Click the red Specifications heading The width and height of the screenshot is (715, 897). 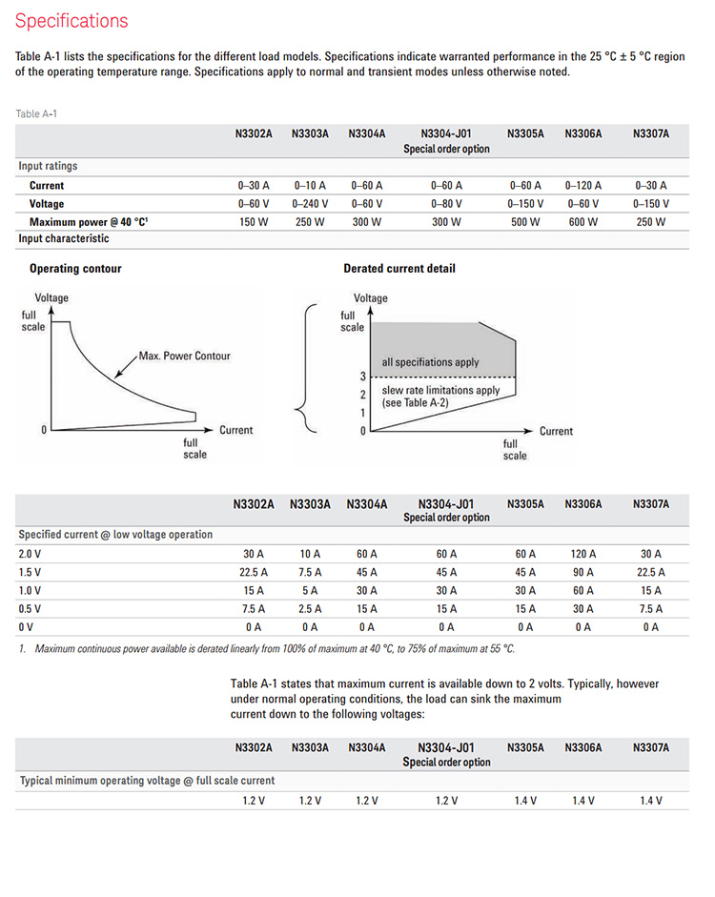tap(71, 20)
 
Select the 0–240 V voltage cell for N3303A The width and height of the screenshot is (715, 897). tap(309, 203)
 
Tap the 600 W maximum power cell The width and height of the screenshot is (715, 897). tap(582, 221)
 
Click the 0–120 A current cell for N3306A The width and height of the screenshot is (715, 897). tap(582, 185)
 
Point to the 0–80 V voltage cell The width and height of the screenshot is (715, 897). tap(446, 203)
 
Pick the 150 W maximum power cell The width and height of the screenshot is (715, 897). tap(255, 221)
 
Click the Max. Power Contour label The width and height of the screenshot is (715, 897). tap(184, 356)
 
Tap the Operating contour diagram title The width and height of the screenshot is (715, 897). tap(75, 269)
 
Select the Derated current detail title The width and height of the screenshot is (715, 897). tap(399, 269)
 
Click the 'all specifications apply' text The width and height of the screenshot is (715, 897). tap(431, 362)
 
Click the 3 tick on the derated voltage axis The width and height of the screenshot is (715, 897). tap(362, 377)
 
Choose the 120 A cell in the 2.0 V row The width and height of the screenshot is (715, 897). tap(582, 554)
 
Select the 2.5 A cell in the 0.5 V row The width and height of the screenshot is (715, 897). tap(309, 608)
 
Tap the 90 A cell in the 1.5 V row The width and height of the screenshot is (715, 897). tap(582, 572)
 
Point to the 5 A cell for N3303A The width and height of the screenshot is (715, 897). tap(309, 590)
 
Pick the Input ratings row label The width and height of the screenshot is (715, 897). tap(48, 166)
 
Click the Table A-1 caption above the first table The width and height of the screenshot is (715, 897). tap(36, 114)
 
